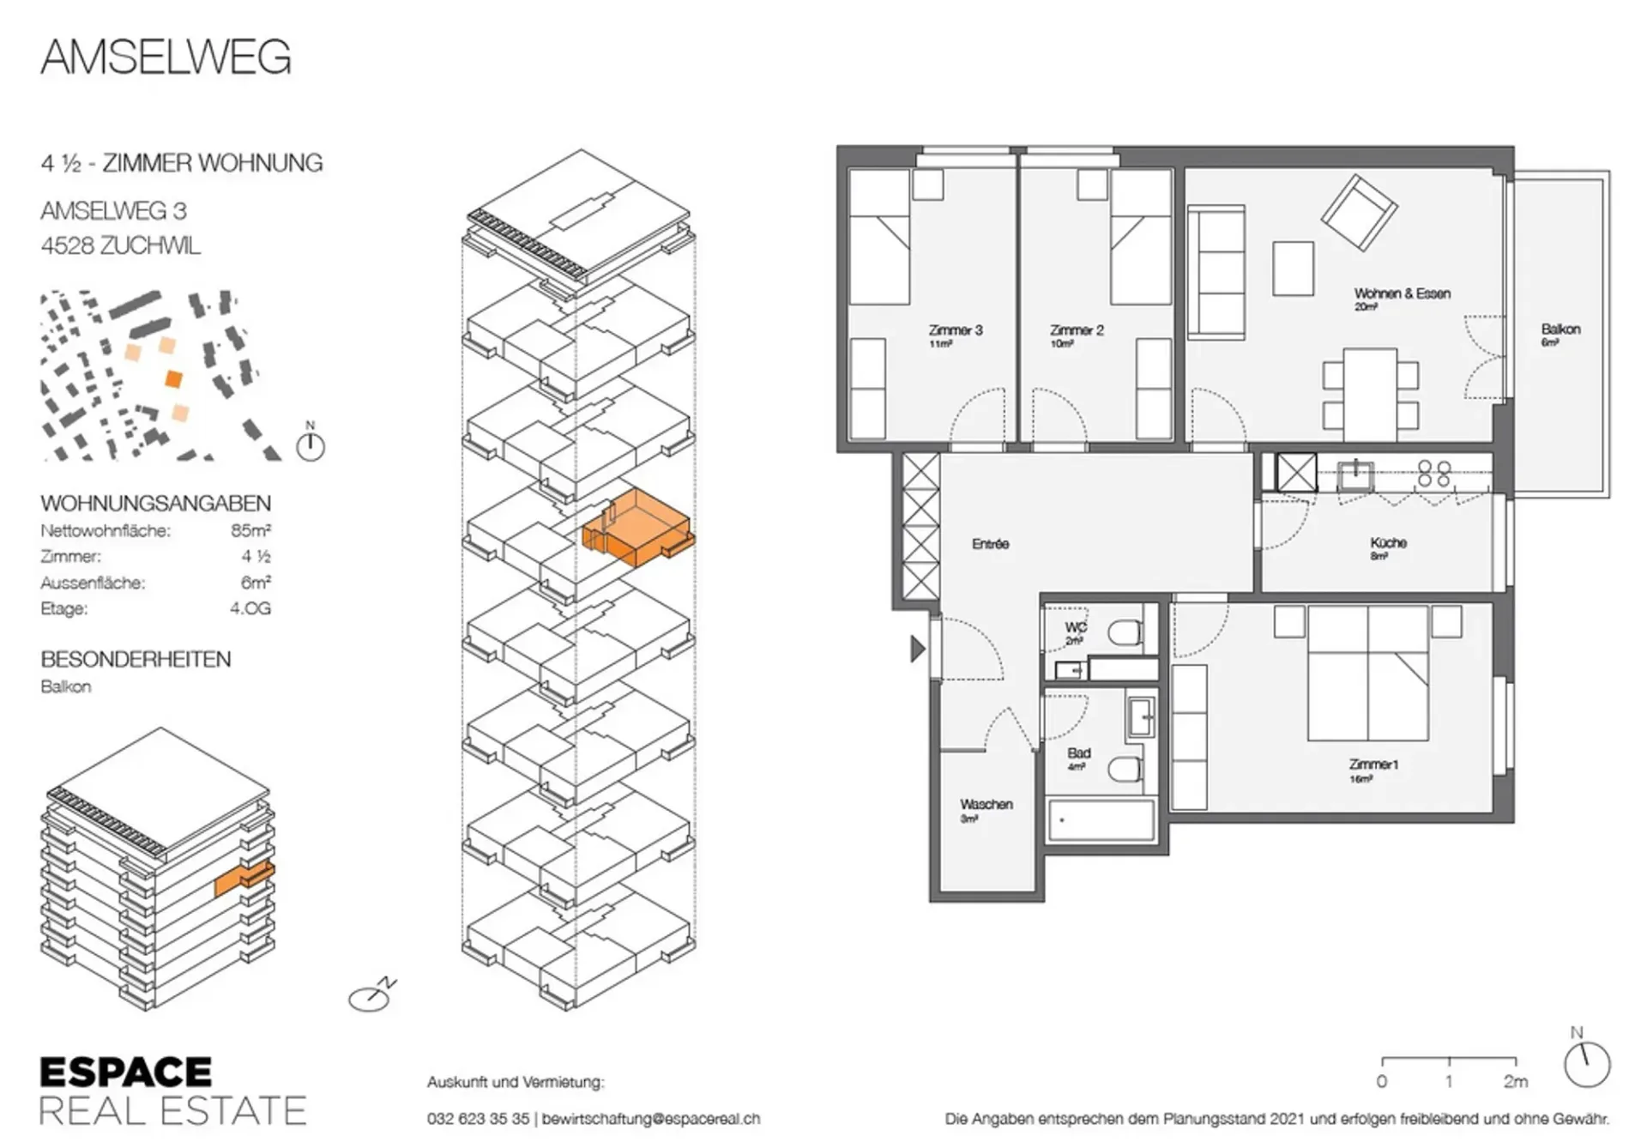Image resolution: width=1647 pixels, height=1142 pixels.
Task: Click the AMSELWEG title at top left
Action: pyautogui.click(x=166, y=57)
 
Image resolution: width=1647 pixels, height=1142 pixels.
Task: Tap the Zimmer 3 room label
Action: pyautogui.click(x=956, y=329)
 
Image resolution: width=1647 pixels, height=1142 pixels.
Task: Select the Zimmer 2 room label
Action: pyautogui.click(x=1077, y=329)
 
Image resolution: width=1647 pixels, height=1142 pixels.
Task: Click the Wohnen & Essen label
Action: pyautogui.click(x=1403, y=293)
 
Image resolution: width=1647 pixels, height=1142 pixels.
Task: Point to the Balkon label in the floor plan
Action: pyautogui.click(x=1560, y=329)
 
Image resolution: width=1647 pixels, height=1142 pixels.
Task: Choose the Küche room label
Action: pyautogui.click(x=1389, y=542)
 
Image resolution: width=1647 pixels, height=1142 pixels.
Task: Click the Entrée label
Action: pyautogui.click(x=991, y=543)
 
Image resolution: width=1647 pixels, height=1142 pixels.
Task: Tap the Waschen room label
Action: pyautogui.click(x=986, y=804)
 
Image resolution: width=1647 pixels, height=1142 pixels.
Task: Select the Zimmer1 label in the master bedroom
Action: pyautogui.click(x=1373, y=764)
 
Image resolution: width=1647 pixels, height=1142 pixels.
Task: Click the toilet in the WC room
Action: pyautogui.click(x=1125, y=633)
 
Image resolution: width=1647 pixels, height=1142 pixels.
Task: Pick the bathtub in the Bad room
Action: pyautogui.click(x=1101, y=820)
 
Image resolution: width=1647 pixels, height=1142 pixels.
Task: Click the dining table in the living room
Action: pyautogui.click(x=1370, y=395)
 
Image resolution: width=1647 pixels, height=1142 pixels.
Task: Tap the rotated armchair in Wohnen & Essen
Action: pyautogui.click(x=1360, y=213)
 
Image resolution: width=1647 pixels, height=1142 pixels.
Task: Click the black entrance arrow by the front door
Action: pyautogui.click(x=917, y=649)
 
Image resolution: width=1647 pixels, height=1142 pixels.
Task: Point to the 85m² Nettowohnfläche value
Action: pyautogui.click(x=250, y=530)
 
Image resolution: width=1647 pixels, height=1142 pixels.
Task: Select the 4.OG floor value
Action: pyautogui.click(x=250, y=608)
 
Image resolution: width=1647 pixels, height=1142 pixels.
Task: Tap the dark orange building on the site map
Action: pyautogui.click(x=174, y=378)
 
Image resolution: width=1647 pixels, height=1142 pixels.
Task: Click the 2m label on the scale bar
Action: pyautogui.click(x=1516, y=1081)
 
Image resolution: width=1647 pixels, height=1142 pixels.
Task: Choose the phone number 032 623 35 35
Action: pyautogui.click(x=478, y=1119)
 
